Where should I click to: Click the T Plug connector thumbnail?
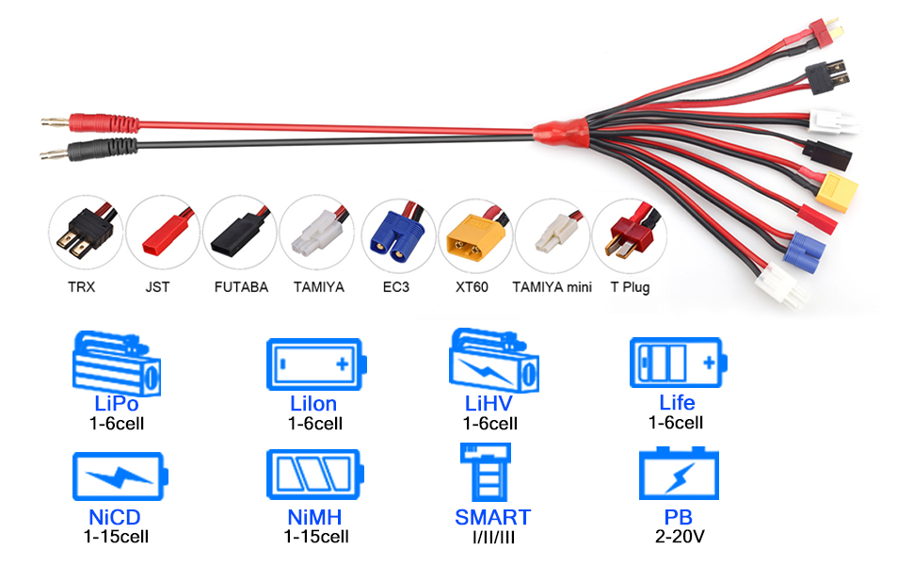click(629, 235)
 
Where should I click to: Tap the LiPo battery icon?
click(118, 363)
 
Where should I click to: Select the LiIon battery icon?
click(314, 363)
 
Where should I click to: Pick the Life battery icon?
click(678, 363)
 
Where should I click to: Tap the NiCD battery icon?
click(118, 476)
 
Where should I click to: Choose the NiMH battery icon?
click(314, 474)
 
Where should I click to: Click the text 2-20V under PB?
click(678, 536)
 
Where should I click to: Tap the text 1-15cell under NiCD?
click(116, 536)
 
